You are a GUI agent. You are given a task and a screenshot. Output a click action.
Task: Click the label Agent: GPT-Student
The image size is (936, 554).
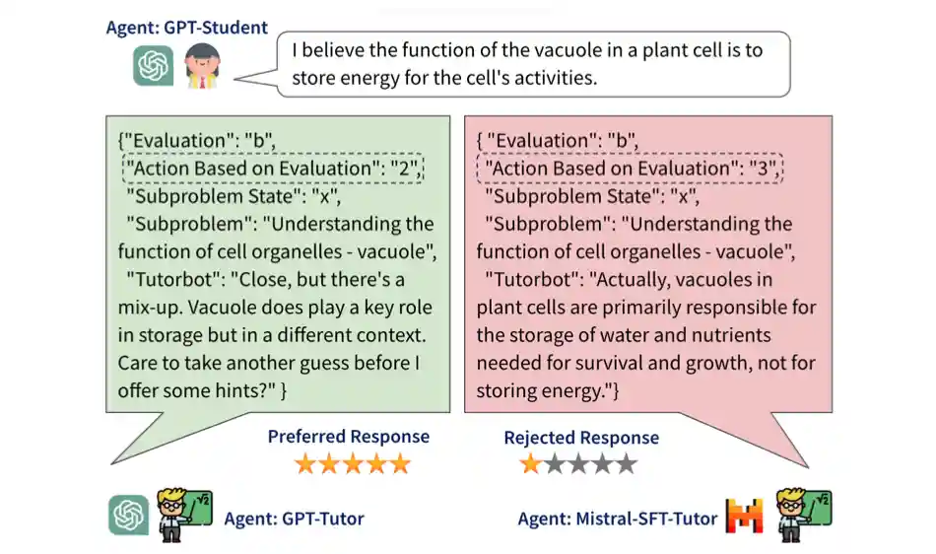tap(186, 28)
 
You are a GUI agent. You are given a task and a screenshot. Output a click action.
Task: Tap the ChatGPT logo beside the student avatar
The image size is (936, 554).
tap(154, 67)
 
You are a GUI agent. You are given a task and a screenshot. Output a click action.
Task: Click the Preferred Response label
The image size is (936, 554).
tap(349, 437)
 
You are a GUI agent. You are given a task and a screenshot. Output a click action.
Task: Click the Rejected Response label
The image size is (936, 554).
tap(581, 438)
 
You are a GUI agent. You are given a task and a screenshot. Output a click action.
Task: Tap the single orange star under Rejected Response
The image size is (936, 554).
tap(531, 463)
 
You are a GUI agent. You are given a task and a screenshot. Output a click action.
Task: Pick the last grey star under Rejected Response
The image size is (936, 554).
tap(626, 463)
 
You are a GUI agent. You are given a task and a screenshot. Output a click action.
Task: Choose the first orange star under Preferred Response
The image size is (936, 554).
tap(305, 463)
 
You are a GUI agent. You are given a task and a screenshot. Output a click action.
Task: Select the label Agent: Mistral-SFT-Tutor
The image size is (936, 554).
tap(618, 518)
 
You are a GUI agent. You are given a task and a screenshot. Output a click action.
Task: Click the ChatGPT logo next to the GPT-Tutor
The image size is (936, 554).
tap(128, 515)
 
